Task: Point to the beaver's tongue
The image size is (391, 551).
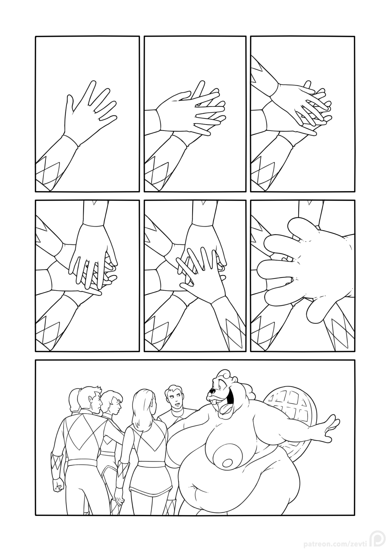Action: pos(224,410)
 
